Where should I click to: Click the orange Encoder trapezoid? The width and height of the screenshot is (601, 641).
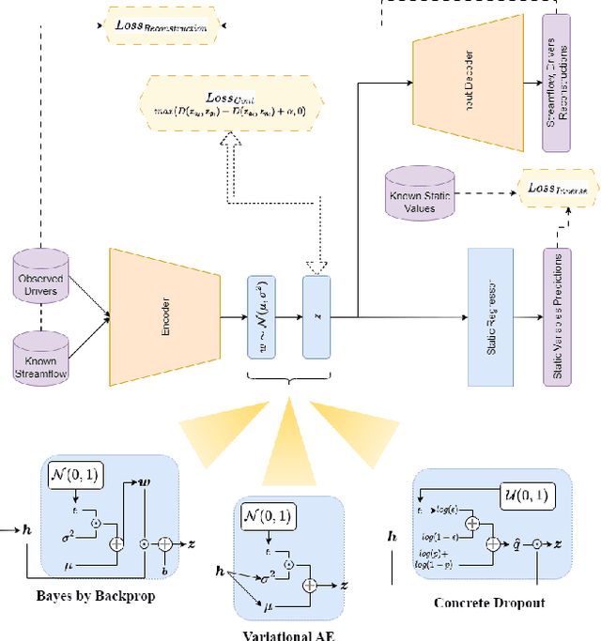click(165, 317)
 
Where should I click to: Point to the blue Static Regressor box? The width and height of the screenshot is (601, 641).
click(490, 316)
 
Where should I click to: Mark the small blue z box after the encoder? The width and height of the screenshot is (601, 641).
click(316, 317)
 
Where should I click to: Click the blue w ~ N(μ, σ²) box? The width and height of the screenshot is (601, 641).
click(262, 317)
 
